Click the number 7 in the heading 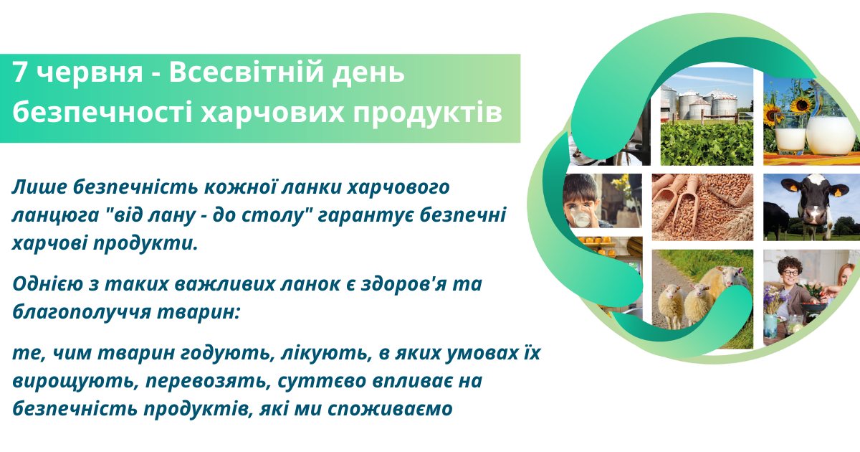(20, 72)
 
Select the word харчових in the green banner (272, 113)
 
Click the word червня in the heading (90, 73)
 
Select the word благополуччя (81, 313)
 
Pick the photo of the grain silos (707, 116)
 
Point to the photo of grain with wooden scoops (702, 207)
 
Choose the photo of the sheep (702, 299)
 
